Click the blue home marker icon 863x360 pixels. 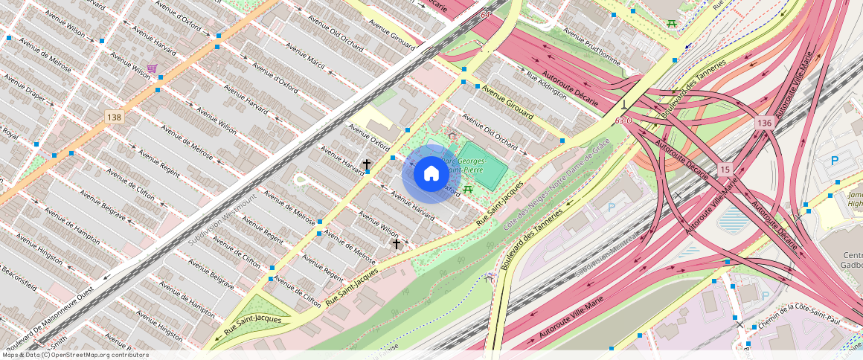(x=431, y=174)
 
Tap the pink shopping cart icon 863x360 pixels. (x=153, y=69)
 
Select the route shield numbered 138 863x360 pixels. (x=114, y=118)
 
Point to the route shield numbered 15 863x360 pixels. (x=725, y=170)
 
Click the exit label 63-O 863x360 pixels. (x=623, y=120)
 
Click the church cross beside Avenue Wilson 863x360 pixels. (x=397, y=243)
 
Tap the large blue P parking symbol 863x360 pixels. (x=834, y=161)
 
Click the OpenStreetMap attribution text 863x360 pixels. (x=75, y=355)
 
